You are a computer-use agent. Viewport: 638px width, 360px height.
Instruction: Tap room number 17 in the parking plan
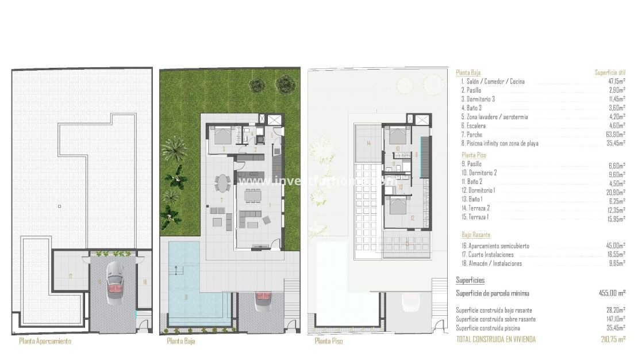[70, 277]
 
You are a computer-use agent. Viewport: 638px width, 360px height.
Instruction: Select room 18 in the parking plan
[144, 281]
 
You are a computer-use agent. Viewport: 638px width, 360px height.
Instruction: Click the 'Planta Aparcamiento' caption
[45, 341]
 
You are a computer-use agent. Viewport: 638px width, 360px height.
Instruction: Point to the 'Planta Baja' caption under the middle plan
[181, 341]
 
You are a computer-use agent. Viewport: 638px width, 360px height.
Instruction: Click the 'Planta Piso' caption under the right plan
[329, 341]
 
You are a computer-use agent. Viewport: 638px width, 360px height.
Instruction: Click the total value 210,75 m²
[613, 339]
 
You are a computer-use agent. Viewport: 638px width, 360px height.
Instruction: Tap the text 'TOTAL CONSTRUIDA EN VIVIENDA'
[495, 339]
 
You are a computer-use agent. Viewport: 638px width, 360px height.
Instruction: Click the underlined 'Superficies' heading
[470, 280]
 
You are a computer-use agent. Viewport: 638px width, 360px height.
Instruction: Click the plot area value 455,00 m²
[612, 293]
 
